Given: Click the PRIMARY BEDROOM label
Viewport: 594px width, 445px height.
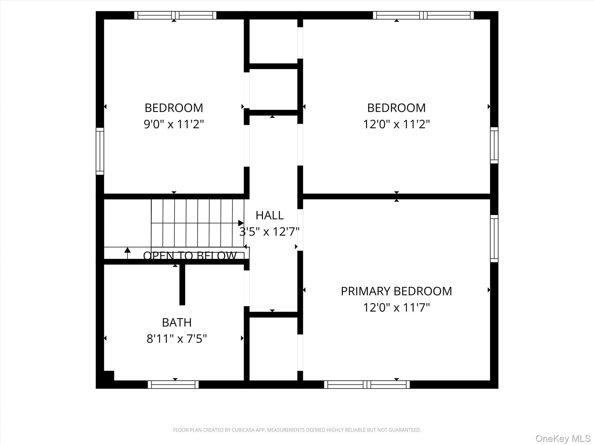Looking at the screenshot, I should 396,291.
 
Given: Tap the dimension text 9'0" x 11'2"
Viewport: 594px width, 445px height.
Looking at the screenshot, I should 174,124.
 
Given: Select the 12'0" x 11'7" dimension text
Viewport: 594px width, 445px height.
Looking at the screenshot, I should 396,307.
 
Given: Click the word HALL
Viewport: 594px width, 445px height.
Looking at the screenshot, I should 269,215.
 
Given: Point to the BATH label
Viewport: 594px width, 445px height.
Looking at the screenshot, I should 177,322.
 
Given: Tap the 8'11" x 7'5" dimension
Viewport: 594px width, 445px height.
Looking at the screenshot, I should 177,338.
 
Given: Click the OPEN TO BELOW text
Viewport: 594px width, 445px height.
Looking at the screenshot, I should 190,256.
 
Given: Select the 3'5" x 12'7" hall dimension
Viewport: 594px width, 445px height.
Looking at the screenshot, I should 269,231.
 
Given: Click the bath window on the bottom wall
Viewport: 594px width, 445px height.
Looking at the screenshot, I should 173,384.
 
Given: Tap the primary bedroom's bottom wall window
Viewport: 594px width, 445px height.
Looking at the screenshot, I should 367,384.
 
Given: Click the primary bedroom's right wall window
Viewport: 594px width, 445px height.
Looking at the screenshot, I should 494,238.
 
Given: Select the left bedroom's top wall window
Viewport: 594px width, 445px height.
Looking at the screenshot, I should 175,15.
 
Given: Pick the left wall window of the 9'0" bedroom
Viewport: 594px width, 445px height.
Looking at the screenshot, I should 100,151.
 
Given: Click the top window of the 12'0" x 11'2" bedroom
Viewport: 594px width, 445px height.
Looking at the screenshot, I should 423,15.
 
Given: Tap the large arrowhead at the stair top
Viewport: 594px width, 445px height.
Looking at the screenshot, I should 241,223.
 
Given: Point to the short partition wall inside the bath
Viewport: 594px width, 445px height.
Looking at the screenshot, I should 182,284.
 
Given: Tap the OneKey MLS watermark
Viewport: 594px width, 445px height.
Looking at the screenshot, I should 562,438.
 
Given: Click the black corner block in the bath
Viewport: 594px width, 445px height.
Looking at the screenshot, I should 109,375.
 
